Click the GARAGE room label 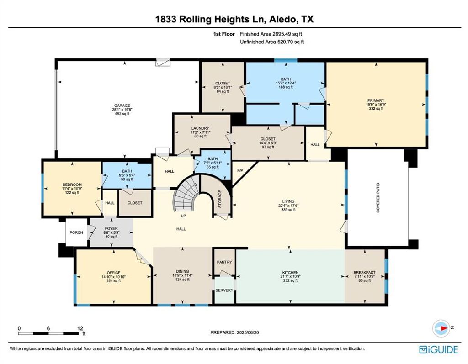pos(122,106)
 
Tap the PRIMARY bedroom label pos(376,100)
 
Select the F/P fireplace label pos(240,170)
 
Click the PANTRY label pos(224,262)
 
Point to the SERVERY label pos(224,290)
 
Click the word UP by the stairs pos(184,216)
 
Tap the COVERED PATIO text pos(378,197)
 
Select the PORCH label pos(76,232)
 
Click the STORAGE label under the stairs pos(220,199)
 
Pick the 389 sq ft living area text pos(288,210)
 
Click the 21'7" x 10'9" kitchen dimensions pos(290,276)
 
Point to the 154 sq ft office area pos(114,281)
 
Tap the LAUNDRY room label pos(200,128)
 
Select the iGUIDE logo pos(438,350)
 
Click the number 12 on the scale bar pos(80,328)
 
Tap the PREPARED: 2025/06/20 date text pos(234,332)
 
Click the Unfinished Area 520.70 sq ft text pos(272,42)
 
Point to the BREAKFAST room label pos(364,272)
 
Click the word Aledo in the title pos(283,19)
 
